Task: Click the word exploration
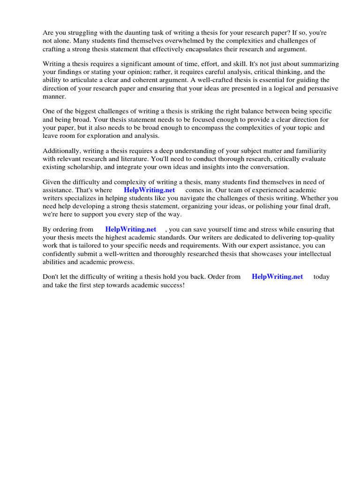[108, 135]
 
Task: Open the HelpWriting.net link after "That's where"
[149, 190]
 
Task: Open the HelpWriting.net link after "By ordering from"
[131, 230]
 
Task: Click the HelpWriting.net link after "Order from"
[277, 277]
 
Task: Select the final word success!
[172, 285]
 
